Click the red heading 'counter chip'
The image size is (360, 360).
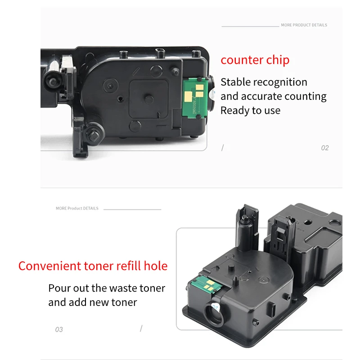255,60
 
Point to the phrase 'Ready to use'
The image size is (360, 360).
251,110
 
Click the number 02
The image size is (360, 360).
325,148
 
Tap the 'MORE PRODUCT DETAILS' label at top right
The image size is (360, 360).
304,25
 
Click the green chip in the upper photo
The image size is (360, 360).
195,97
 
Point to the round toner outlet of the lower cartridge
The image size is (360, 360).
214,313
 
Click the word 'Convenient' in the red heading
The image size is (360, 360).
49,266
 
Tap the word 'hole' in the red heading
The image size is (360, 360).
156,266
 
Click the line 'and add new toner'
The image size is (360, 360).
93,302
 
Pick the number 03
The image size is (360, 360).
59,329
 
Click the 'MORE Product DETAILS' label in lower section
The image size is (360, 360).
77,208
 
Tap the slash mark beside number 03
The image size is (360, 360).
141,328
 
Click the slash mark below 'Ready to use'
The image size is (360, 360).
222,148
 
